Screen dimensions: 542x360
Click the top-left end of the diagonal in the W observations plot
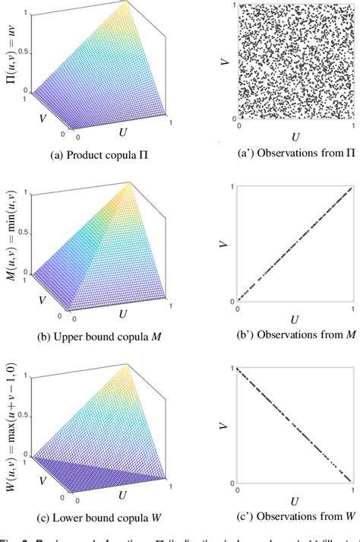point(240,369)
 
